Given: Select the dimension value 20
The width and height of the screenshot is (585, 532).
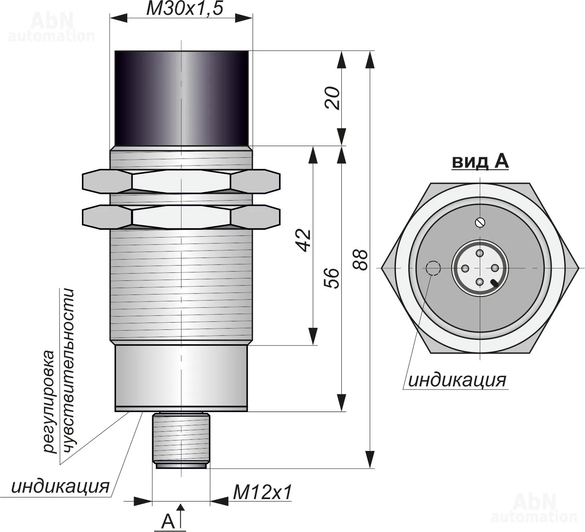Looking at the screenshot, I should pyautogui.click(x=332, y=98).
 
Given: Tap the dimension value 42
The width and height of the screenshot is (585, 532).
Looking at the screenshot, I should pyautogui.click(x=304, y=240).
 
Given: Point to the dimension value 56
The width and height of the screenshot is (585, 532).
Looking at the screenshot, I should pyautogui.click(x=332, y=278).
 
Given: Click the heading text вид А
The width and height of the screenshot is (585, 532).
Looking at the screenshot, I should pyautogui.click(x=480, y=161).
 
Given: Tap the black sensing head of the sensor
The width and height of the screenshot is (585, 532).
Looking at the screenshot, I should pyautogui.click(x=181, y=98).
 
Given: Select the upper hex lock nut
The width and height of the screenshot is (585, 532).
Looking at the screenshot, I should pyautogui.click(x=181, y=181).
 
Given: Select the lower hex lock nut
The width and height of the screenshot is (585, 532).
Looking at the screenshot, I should pyautogui.click(x=181, y=217).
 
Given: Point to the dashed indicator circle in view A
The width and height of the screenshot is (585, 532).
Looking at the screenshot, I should pyautogui.click(x=433, y=268).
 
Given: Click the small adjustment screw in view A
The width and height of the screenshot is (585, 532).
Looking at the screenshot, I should pyautogui.click(x=480, y=222).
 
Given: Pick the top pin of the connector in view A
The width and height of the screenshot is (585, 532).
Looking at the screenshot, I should pyautogui.click(x=480, y=253).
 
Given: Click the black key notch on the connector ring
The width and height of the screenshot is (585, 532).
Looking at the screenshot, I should pyautogui.click(x=495, y=284).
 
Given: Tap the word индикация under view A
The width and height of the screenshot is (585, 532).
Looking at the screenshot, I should pyautogui.click(x=457, y=380).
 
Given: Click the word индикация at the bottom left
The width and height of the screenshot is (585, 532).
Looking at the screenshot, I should pyautogui.click(x=60, y=486).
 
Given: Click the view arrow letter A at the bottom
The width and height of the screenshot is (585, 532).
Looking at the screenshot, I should pyautogui.click(x=168, y=521).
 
